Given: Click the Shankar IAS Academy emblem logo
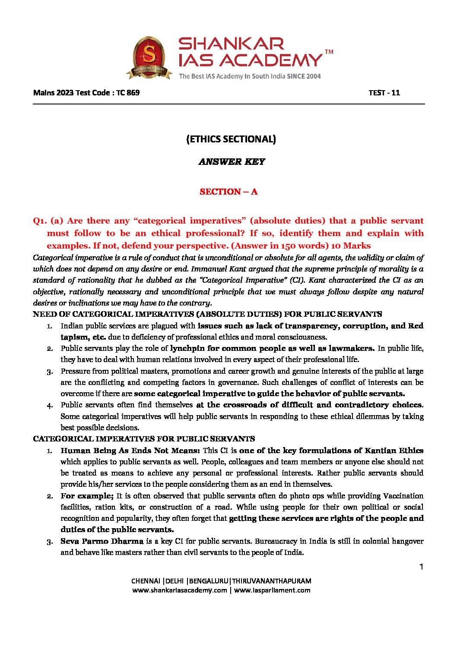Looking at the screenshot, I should pyautogui.click(x=149, y=57).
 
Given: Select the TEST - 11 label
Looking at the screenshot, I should pyautogui.click(x=384, y=92).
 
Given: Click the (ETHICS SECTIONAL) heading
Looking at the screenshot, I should pyautogui.click(x=231, y=139).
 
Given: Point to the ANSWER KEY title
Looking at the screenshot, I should pyautogui.click(x=232, y=162).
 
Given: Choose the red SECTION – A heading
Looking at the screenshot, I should pyautogui.click(x=228, y=192).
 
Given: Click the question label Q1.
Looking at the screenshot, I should pyautogui.click(x=40, y=221).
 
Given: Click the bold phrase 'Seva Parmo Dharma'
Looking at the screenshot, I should pyautogui.click(x=102, y=541).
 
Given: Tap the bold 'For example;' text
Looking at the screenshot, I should pyautogui.click(x=87, y=496).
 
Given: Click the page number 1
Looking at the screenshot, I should pyautogui.click(x=421, y=567).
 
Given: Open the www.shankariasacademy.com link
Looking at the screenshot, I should pyautogui.click(x=180, y=590).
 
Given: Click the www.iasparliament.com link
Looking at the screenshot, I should pyautogui.click(x=272, y=590).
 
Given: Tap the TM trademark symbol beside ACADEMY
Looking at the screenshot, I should pyautogui.click(x=329, y=52).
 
